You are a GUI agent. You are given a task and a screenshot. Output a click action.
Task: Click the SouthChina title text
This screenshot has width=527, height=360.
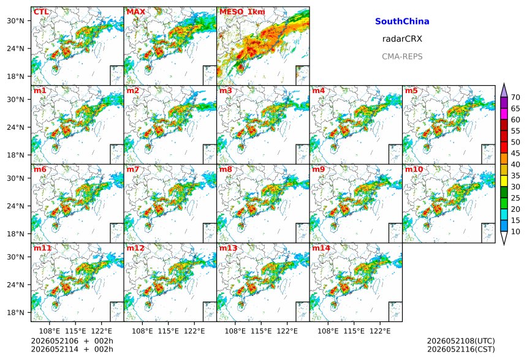click(x=402, y=21)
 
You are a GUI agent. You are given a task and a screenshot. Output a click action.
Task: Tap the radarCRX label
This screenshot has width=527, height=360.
click(x=402, y=39)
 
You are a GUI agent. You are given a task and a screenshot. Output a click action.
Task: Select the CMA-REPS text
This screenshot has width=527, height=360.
click(x=402, y=56)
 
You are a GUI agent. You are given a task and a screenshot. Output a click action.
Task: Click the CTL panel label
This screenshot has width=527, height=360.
click(x=41, y=12)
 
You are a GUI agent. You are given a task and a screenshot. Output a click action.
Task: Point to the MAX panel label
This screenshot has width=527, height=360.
click(x=136, y=12)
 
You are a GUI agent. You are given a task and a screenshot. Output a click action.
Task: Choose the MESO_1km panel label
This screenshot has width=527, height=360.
click(x=242, y=12)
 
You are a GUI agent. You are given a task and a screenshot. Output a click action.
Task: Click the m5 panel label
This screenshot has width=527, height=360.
click(x=411, y=91)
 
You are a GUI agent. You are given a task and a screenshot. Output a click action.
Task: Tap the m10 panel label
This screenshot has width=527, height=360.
click(x=414, y=169)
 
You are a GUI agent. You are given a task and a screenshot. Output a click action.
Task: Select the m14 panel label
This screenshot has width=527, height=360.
click(x=321, y=248)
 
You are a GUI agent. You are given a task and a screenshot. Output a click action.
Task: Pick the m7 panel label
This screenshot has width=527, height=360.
click(x=133, y=169)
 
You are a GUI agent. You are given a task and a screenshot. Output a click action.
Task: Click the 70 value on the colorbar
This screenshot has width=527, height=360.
click(x=515, y=97)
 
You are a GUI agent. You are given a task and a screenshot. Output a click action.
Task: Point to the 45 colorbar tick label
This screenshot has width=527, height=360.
click(x=515, y=153)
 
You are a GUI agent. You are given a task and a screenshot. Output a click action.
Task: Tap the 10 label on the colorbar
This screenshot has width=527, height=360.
click(x=515, y=231)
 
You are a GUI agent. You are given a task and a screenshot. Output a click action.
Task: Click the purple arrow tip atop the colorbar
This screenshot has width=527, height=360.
click(x=504, y=84)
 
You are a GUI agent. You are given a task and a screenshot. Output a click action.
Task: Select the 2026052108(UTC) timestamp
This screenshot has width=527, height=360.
click(x=461, y=341)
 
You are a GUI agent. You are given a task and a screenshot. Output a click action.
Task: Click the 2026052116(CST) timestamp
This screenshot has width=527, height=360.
click(x=461, y=349)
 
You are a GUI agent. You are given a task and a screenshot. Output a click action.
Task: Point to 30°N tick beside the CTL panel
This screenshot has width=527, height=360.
click(x=15, y=21)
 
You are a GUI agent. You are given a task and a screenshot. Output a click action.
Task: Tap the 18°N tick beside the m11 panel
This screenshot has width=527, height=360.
click(x=15, y=313)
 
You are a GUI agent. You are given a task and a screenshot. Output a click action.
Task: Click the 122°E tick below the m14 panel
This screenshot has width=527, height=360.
click(x=380, y=331)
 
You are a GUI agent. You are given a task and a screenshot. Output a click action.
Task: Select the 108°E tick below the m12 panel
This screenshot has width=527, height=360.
click(x=143, y=331)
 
